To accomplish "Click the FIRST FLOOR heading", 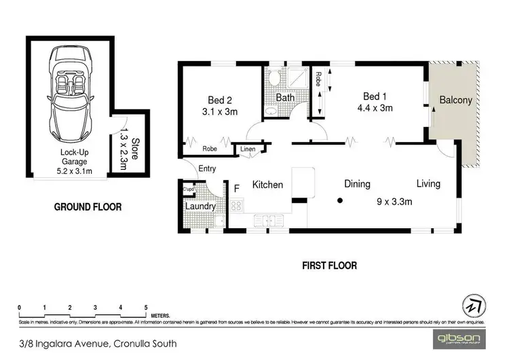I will coord(330,266).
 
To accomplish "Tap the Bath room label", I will coord(285,98).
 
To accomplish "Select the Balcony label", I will coord(455,101).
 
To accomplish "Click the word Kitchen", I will coord(267,185).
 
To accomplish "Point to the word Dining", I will coord(356,184).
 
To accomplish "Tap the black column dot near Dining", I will coord(341,200).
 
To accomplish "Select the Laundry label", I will coord(200,206).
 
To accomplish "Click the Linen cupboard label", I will coord(247,149).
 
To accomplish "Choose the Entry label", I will coord(207,170).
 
